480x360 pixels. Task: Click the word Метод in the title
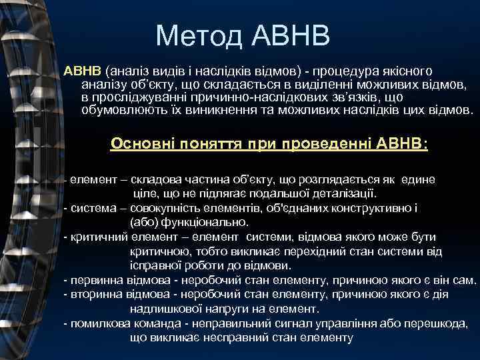click(x=195, y=36)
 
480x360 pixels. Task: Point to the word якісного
click(x=406, y=71)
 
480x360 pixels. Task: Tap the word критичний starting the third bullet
click(x=91, y=237)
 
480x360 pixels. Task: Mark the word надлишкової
click(x=161, y=309)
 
